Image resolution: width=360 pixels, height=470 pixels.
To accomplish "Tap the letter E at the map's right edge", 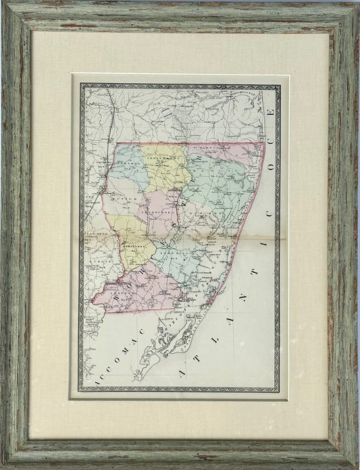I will pyautogui.click(x=271, y=111).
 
